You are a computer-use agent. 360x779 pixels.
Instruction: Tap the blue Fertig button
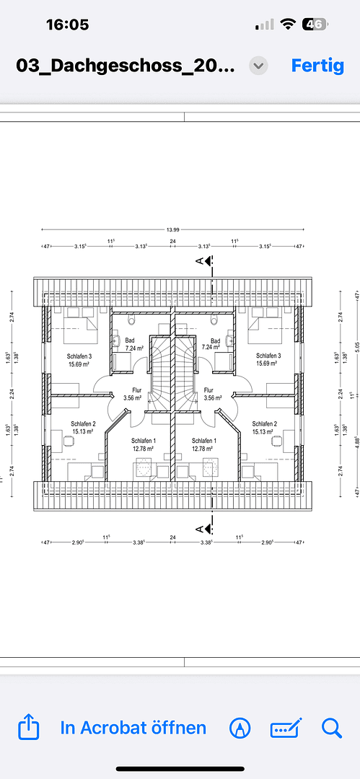click(x=317, y=65)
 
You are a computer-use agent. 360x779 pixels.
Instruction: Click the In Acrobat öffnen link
click(x=133, y=728)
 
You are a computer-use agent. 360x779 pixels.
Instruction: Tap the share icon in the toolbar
click(x=27, y=728)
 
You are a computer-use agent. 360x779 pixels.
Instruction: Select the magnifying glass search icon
click(x=331, y=728)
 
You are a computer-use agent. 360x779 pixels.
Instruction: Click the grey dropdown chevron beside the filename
click(x=258, y=66)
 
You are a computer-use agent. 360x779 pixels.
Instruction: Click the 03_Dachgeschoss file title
click(x=126, y=66)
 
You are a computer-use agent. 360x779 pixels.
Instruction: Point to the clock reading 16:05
click(x=67, y=25)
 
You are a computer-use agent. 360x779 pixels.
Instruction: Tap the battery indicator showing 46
click(x=315, y=24)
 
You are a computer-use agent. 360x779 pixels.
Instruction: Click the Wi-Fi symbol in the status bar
click(x=288, y=24)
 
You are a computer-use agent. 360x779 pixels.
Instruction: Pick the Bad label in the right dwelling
click(x=215, y=340)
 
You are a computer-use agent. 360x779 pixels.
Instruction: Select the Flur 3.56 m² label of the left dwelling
click(x=132, y=393)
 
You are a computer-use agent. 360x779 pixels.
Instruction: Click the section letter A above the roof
click(x=200, y=262)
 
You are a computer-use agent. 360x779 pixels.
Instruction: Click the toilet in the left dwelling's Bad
click(x=130, y=317)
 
